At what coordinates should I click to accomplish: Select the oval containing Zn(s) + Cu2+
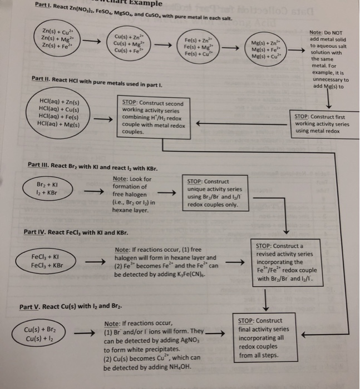(58, 37)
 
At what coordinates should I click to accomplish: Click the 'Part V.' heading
(33, 307)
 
